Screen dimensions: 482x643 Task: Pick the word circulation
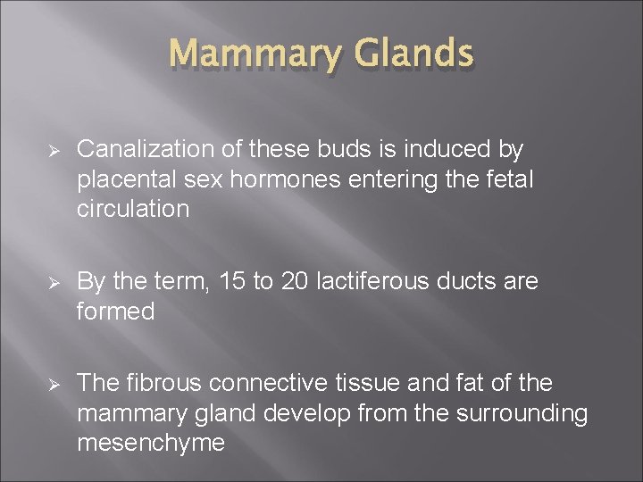point(133,210)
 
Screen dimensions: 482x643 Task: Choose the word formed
point(115,312)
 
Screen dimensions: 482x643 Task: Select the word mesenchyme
point(150,444)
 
